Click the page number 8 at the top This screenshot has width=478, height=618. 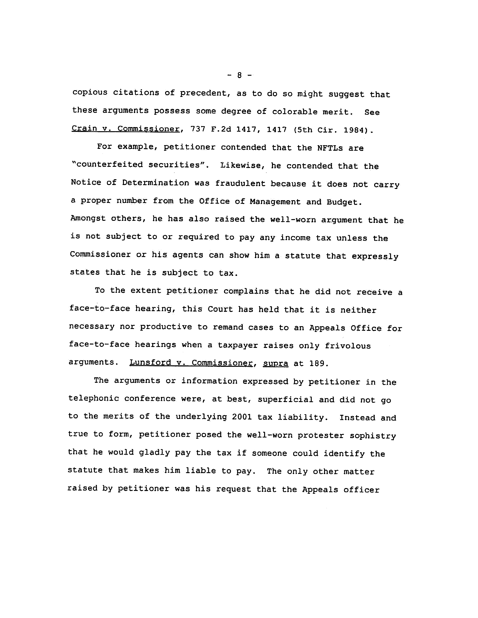click(x=239, y=75)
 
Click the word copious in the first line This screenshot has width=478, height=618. click(x=90, y=93)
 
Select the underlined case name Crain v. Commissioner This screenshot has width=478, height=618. click(x=126, y=129)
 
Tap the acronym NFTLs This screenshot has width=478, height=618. click(x=330, y=148)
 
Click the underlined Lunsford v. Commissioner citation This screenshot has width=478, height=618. click(x=191, y=363)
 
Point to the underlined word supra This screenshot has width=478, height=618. click(x=275, y=363)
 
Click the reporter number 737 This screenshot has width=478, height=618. click(x=198, y=129)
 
